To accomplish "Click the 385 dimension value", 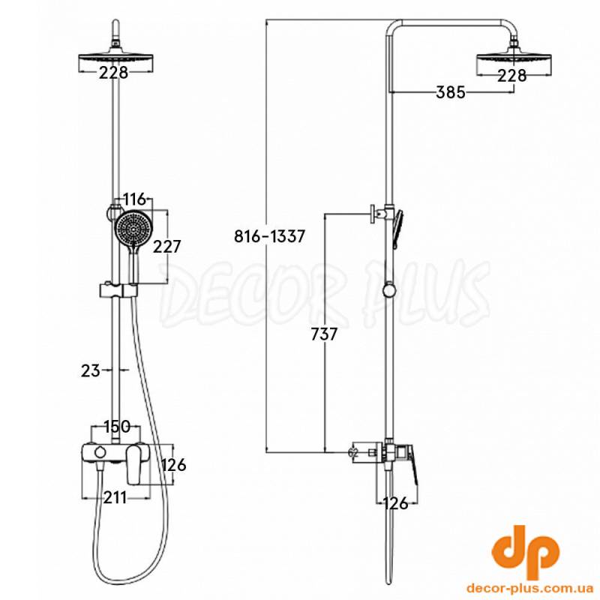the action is (451, 92).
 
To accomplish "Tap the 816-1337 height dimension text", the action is (269, 236).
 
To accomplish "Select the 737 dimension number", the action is (324, 334).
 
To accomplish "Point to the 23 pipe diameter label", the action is (90, 370).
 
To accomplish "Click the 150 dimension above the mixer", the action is (117, 426).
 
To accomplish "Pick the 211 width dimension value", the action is (115, 497).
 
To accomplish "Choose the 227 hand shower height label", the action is (166, 247).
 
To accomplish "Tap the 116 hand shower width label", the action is (135, 199).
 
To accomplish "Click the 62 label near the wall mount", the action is (352, 452).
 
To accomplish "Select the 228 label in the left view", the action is (113, 72).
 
